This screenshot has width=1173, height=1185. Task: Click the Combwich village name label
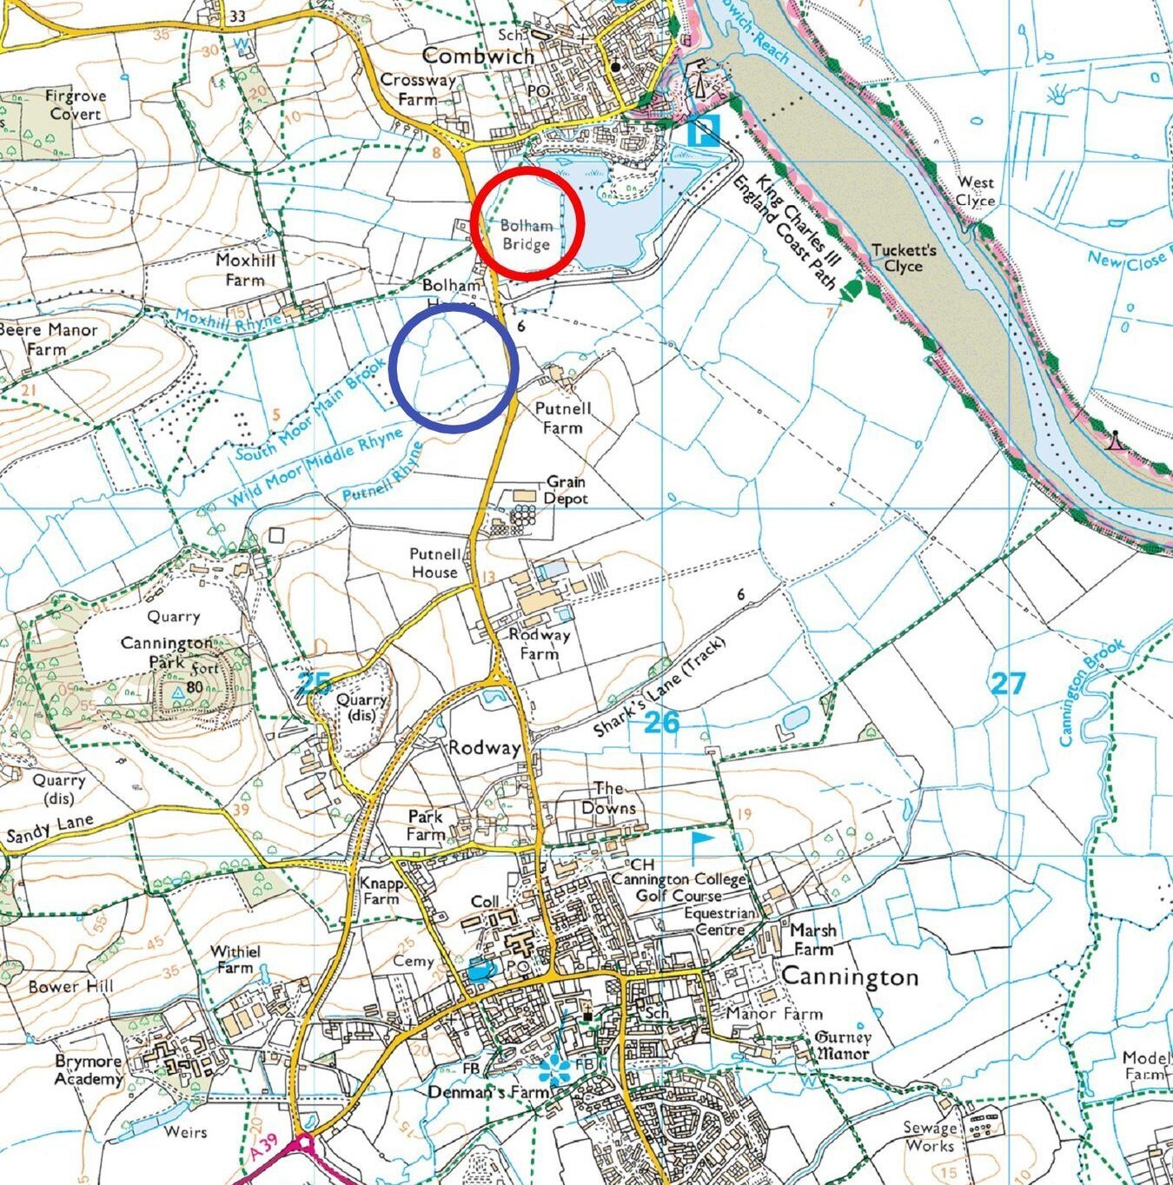tap(478, 56)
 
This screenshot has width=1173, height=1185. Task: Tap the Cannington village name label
tap(850, 976)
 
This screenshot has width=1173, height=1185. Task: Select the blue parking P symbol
tap(703, 130)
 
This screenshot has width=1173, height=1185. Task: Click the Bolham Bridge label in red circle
tap(526, 235)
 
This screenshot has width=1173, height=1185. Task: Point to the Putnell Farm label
tap(563, 418)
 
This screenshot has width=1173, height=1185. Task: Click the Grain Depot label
tap(566, 490)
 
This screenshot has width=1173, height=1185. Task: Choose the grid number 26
tap(662, 721)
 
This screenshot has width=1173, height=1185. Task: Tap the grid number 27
tap(1008, 683)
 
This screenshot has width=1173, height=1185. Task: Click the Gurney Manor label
tap(842, 1045)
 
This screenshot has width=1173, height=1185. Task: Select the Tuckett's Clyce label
tap(904, 258)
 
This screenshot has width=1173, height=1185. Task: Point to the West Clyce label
tap(976, 191)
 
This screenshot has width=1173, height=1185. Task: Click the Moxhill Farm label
tap(245, 270)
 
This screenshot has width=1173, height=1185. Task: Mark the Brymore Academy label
tap(89, 1070)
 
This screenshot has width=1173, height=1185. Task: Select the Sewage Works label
tap(930, 1136)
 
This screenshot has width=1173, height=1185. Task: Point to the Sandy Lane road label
tap(50, 831)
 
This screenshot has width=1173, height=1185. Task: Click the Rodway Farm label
tap(540, 644)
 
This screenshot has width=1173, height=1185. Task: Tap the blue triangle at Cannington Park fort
tap(178, 693)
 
